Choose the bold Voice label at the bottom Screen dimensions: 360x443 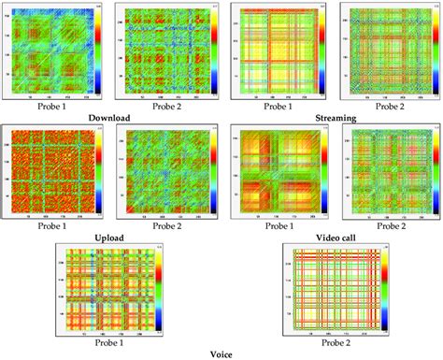[x=221, y=354]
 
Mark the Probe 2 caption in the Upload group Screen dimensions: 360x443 [x=162, y=226]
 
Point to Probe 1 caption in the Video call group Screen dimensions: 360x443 [x=278, y=226]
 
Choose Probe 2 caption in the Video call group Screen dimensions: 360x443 [x=387, y=226]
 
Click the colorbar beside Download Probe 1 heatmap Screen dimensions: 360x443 [x=100, y=51]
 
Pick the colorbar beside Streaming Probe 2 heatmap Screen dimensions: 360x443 [x=435, y=51]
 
